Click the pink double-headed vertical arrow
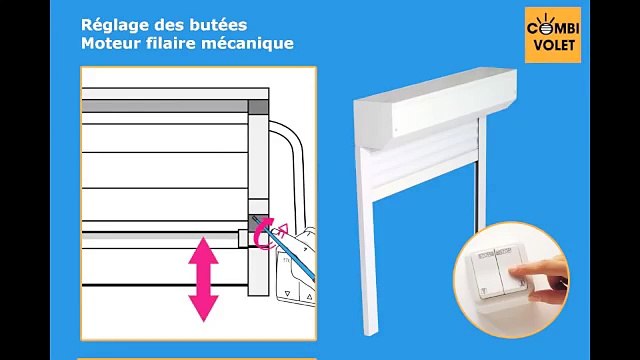click(204, 278)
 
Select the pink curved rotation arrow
click(266, 236)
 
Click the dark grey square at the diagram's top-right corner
click(258, 106)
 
